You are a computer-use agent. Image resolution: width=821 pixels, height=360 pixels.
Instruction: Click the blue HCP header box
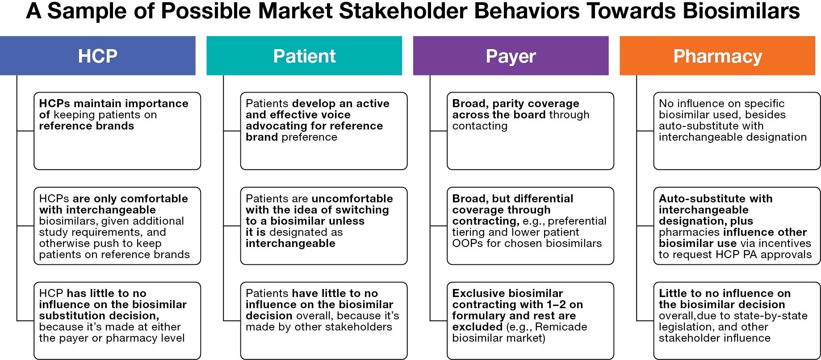pos(97,56)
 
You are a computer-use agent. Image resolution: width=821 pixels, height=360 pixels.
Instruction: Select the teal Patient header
pos(304,56)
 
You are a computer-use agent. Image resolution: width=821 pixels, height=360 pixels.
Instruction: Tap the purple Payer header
pos(511,56)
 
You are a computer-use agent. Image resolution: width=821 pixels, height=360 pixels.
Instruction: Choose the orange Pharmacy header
pos(717,56)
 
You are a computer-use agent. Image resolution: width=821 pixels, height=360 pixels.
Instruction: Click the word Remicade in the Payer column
pos(561,327)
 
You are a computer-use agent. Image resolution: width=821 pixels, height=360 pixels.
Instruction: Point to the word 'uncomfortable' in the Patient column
pos(352,199)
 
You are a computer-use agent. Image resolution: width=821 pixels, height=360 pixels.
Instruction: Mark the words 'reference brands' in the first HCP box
pos(86,126)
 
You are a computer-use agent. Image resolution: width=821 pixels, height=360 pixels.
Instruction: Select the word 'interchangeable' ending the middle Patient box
pos(290,243)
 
